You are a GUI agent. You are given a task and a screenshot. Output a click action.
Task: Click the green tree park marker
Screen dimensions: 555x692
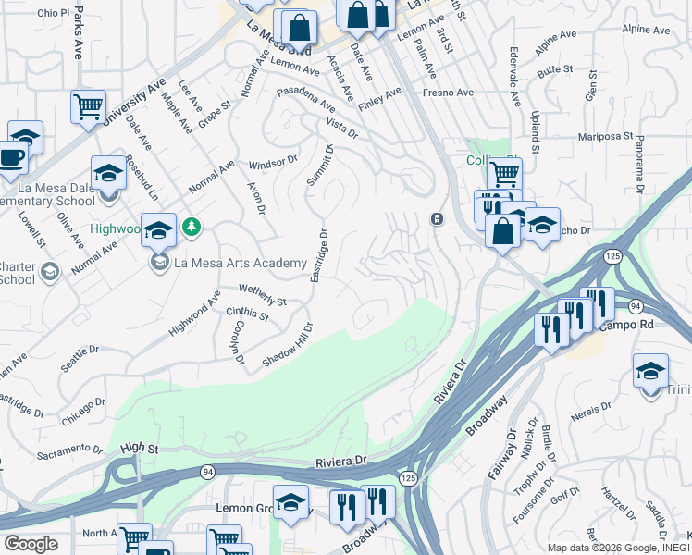(x=192, y=226)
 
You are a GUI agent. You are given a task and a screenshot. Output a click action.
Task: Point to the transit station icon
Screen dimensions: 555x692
(x=436, y=218)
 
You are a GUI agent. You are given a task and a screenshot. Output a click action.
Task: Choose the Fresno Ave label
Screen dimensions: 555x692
(x=448, y=92)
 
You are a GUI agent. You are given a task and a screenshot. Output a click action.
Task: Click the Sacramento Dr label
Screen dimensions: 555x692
(x=70, y=451)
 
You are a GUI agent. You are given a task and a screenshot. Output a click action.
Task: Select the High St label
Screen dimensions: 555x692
(x=140, y=447)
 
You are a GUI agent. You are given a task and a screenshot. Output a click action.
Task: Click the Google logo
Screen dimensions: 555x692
(x=31, y=543)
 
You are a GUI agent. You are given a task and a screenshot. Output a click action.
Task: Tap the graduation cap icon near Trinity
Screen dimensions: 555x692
(x=650, y=370)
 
